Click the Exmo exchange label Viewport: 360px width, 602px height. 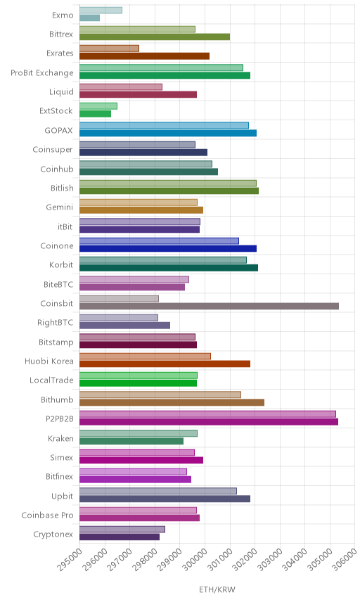63,15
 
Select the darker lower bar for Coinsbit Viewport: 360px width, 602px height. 209,306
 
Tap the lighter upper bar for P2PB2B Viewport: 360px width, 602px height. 207,414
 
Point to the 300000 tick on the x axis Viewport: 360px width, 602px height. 194,558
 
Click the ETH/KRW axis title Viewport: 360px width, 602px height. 217,589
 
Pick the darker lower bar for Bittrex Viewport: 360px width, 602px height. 155,37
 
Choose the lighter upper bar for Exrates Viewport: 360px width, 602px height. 110,49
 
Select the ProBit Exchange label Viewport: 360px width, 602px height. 41,73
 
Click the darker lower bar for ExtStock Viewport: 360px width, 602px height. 95,114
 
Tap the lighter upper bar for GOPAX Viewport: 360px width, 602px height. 165,125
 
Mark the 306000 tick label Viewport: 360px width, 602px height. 344,558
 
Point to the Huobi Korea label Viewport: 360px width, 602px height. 49,361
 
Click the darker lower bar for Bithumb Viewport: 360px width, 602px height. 172,402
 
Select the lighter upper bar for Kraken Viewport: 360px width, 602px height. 139,433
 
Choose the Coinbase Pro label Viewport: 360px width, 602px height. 47,515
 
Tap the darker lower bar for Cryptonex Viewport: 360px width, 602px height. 120,537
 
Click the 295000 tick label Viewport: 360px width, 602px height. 69,558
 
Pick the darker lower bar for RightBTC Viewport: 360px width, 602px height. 124,326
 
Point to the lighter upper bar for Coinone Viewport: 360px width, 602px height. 160,241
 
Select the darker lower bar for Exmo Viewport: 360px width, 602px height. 90,18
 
